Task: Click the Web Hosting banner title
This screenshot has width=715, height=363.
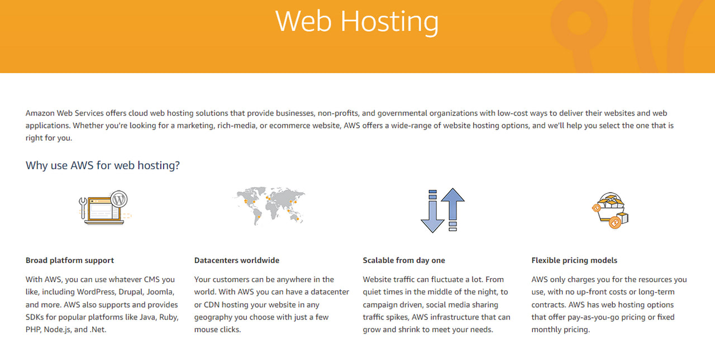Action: pyautogui.click(x=357, y=21)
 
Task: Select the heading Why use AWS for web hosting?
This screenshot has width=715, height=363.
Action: pyautogui.click(x=102, y=165)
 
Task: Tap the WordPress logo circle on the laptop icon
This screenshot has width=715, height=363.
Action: pyautogui.click(x=119, y=199)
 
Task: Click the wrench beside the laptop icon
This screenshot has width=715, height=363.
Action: pyautogui.click(x=83, y=208)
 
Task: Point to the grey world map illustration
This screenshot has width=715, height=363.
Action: pyautogui.click(x=269, y=206)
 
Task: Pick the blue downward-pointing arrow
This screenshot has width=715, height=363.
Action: pyautogui.click(x=432, y=211)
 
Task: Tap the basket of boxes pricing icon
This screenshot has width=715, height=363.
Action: pyautogui.click(x=610, y=211)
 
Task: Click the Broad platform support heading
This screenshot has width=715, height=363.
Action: pyautogui.click(x=70, y=260)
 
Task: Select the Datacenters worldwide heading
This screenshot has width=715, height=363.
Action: pyautogui.click(x=236, y=260)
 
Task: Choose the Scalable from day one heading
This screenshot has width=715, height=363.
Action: pyautogui.click(x=404, y=260)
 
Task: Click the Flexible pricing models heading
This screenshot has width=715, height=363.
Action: pyautogui.click(x=574, y=260)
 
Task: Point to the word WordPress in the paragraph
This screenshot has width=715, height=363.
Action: pyautogui.click(x=96, y=292)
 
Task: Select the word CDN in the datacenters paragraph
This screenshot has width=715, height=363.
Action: pyautogui.click(x=211, y=304)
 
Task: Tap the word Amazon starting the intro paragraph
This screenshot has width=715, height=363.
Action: pyautogui.click(x=40, y=113)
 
